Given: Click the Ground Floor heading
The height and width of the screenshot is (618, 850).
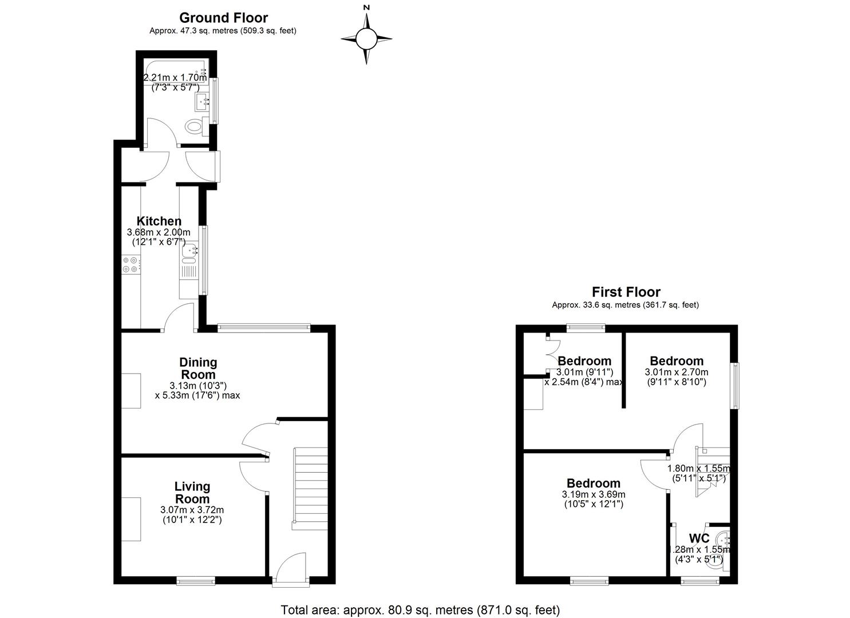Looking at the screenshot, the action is pos(223,18).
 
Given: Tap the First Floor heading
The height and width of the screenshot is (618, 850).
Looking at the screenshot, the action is pos(626,292).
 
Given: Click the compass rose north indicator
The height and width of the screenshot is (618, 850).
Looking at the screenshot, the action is pos(366,7).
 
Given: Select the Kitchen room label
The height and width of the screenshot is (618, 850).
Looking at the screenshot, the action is pos(159,221).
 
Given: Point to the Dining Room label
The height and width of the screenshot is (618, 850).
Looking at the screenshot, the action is pos(198,369).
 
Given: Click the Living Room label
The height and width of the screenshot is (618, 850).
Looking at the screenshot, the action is pos(192,493).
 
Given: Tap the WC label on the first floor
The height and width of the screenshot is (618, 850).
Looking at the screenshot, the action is pos(699,538).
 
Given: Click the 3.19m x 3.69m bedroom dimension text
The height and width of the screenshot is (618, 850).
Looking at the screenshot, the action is pos(594,500).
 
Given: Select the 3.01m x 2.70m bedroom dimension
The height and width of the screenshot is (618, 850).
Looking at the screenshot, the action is pos(677,377).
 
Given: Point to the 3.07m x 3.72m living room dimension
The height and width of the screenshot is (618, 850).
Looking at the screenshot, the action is pos(192,515).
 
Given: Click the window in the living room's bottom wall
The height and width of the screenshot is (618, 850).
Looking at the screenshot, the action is pos(196,581).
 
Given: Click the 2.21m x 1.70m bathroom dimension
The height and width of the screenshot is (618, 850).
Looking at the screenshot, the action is pos(175,82).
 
